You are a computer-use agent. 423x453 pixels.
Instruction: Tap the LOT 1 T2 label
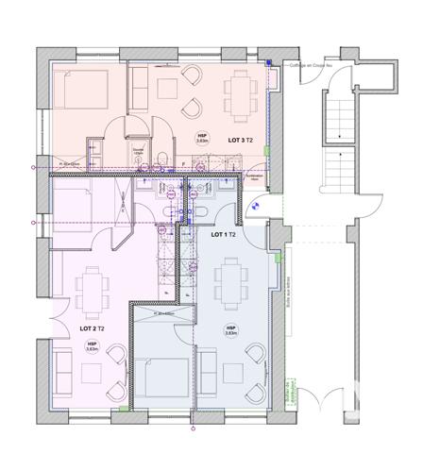pos(223,234)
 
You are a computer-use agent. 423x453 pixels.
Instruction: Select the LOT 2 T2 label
pos(92,327)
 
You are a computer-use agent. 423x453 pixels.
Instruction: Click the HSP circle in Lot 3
pos(202,139)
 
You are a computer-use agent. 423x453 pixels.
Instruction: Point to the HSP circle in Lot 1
pos(230,330)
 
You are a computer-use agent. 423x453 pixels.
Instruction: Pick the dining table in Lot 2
pos(93,289)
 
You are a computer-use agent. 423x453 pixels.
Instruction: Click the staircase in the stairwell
pos(337,142)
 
